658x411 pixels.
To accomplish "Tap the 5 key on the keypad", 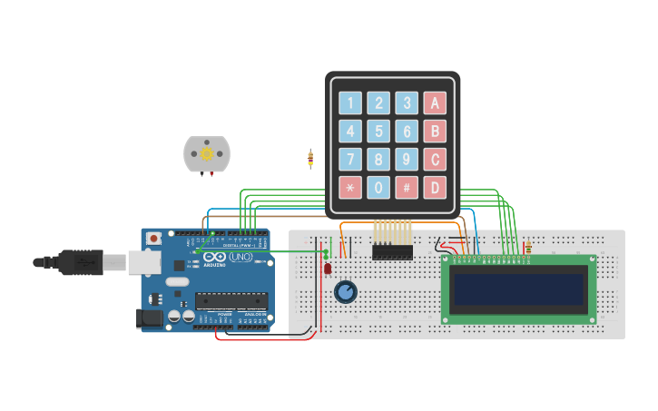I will [x=378, y=132].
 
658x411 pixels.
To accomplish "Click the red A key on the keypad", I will [x=435, y=103].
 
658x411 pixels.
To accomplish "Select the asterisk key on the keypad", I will [x=350, y=188].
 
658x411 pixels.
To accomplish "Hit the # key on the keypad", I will [x=407, y=188].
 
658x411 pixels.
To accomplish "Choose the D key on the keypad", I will [x=435, y=188].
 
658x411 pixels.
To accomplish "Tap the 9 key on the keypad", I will [x=407, y=160].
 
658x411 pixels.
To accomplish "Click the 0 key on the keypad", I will [x=378, y=188].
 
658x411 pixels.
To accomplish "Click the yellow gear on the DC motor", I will [x=207, y=154].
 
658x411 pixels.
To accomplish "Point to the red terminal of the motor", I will [x=212, y=174].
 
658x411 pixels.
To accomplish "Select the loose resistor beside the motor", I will [x=310, y=159].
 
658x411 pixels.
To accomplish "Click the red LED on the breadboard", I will [x=328, y=268].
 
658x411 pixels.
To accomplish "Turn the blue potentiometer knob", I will [x=346, y=291].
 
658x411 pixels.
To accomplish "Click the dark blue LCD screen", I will [x=519, y=289].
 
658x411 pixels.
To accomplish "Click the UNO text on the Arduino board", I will [x=241, y=258].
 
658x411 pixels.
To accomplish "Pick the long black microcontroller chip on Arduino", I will [x=232, y=300].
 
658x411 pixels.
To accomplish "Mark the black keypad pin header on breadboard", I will [x=392, y=251].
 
